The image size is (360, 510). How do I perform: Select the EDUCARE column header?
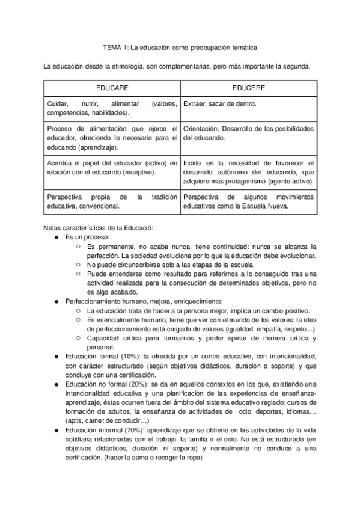click(x=112, y=88)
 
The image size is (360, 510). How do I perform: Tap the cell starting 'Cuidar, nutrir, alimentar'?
click(x=112, y=108)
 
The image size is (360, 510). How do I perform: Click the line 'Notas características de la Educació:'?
click(x=99, y=228)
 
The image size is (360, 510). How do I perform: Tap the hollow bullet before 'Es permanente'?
click(x=78, y=247)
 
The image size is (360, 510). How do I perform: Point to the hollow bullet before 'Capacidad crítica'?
click(x=78, y=339)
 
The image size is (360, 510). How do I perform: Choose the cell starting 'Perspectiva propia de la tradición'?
click(x=112, y=201)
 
